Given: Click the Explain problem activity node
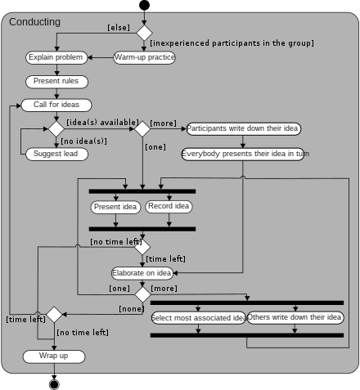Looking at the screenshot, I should pos(56,57).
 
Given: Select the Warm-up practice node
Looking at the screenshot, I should pos(144,57).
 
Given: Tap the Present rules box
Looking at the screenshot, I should pos(56,81).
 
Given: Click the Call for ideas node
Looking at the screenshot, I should pos(56,105).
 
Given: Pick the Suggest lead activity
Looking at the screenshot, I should pos(56,153).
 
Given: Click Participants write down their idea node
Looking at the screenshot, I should pos(243,128).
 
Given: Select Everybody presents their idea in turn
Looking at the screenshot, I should pos(243,153).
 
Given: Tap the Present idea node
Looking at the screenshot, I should pos(115,207).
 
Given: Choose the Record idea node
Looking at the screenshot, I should pos(169,206).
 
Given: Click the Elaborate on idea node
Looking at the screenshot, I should pos(142,272).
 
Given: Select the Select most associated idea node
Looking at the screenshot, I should pos(199,317).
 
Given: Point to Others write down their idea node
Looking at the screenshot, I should pos(295,317).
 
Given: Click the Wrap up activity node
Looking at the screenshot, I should pos(54,356).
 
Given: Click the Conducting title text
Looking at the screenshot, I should pos(34,22).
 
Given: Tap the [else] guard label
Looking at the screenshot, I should pos(119,28).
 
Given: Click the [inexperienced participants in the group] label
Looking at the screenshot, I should pos(232,43).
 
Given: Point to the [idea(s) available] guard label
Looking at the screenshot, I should pos(97,122).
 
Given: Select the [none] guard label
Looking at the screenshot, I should pos(131,308).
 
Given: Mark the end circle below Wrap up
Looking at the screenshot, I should pos(55,384).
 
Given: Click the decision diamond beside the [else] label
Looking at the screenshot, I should pos(144,33).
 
